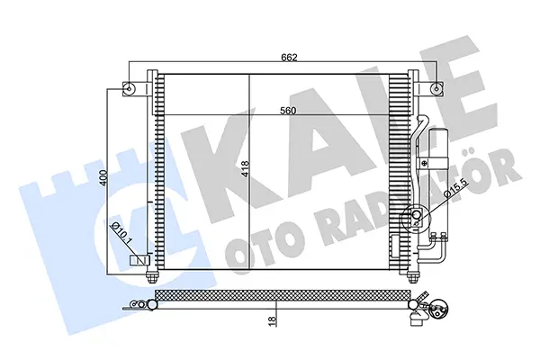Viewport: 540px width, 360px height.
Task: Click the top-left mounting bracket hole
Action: (x=130, y=88)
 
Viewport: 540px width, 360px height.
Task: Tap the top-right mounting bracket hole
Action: (x=437, y=88)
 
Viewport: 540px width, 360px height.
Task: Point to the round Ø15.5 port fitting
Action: (x=418, y=216)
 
